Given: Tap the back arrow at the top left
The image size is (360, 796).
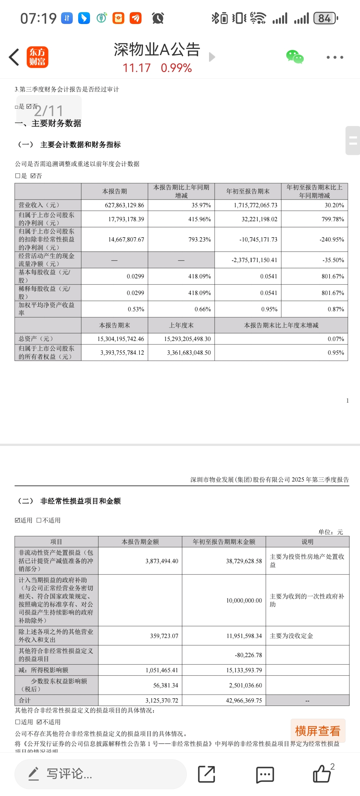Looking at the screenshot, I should pos(14,57).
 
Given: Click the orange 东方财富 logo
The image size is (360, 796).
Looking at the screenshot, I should pos(37,57).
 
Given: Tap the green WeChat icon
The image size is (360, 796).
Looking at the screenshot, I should pos(295,57).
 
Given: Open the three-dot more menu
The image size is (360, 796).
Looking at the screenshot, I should pos(335,57).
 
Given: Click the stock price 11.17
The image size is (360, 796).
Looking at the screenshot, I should pos(136,68).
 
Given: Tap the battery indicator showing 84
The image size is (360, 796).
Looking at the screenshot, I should pos(325,19).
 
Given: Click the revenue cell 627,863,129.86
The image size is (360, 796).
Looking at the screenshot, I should pos(124,205).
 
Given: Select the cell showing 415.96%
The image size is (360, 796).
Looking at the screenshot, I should pos(199,219).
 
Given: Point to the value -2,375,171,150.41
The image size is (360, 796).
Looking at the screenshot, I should pos(254,260).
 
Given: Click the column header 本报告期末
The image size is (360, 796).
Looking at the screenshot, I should pos(114,325).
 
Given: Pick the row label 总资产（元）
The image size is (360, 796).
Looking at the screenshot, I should pos(36,339).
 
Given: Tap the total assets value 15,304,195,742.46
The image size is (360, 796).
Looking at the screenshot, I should pos(120,339).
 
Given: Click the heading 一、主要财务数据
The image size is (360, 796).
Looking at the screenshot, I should pos(49,123).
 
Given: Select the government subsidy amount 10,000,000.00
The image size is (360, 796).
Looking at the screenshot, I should pos(244,600).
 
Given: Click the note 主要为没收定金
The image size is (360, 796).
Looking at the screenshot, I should pos(291,635).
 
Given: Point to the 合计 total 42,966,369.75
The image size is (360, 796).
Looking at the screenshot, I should pos(244,700).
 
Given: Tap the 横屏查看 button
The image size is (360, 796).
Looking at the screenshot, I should pos(318,731).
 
